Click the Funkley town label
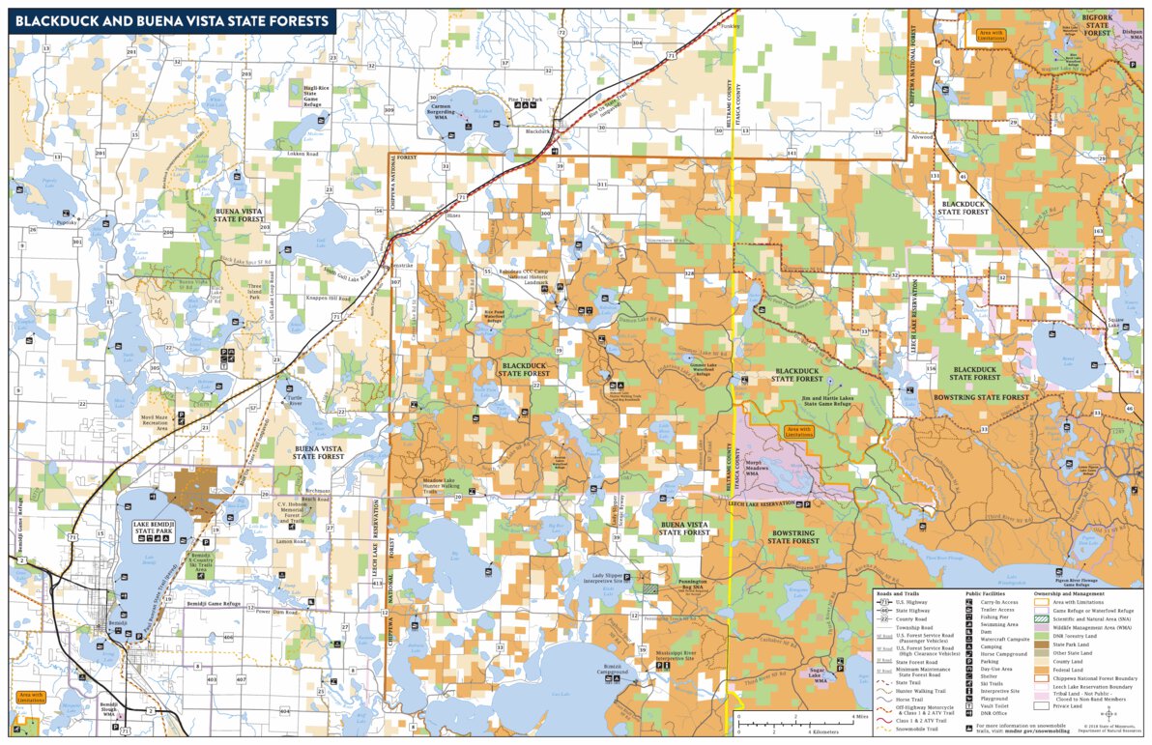(x=730, y=26)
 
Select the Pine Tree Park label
(x=528, y=100)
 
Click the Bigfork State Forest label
(x=1095, y=26)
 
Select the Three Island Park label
(x=254, y=292)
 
